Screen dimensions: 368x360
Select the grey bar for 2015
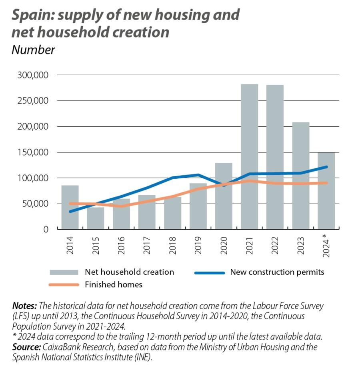tap(96, 218)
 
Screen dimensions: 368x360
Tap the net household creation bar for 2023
tap(300, 176)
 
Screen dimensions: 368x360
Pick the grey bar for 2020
tap(224, 200)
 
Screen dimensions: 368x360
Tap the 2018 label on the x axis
tap(172, 245)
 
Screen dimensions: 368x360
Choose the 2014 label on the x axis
tap(70, 245)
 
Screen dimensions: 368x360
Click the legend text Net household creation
tap(129, 272)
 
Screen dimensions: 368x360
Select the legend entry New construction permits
tap(277, 272)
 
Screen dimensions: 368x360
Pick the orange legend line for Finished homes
tap(63, 285)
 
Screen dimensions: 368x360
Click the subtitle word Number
tap(33, 50)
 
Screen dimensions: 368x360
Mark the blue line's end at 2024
tap(326, 167)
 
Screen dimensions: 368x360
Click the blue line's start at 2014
tap(70, 212)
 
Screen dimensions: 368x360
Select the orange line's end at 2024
tap(326, 183)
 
